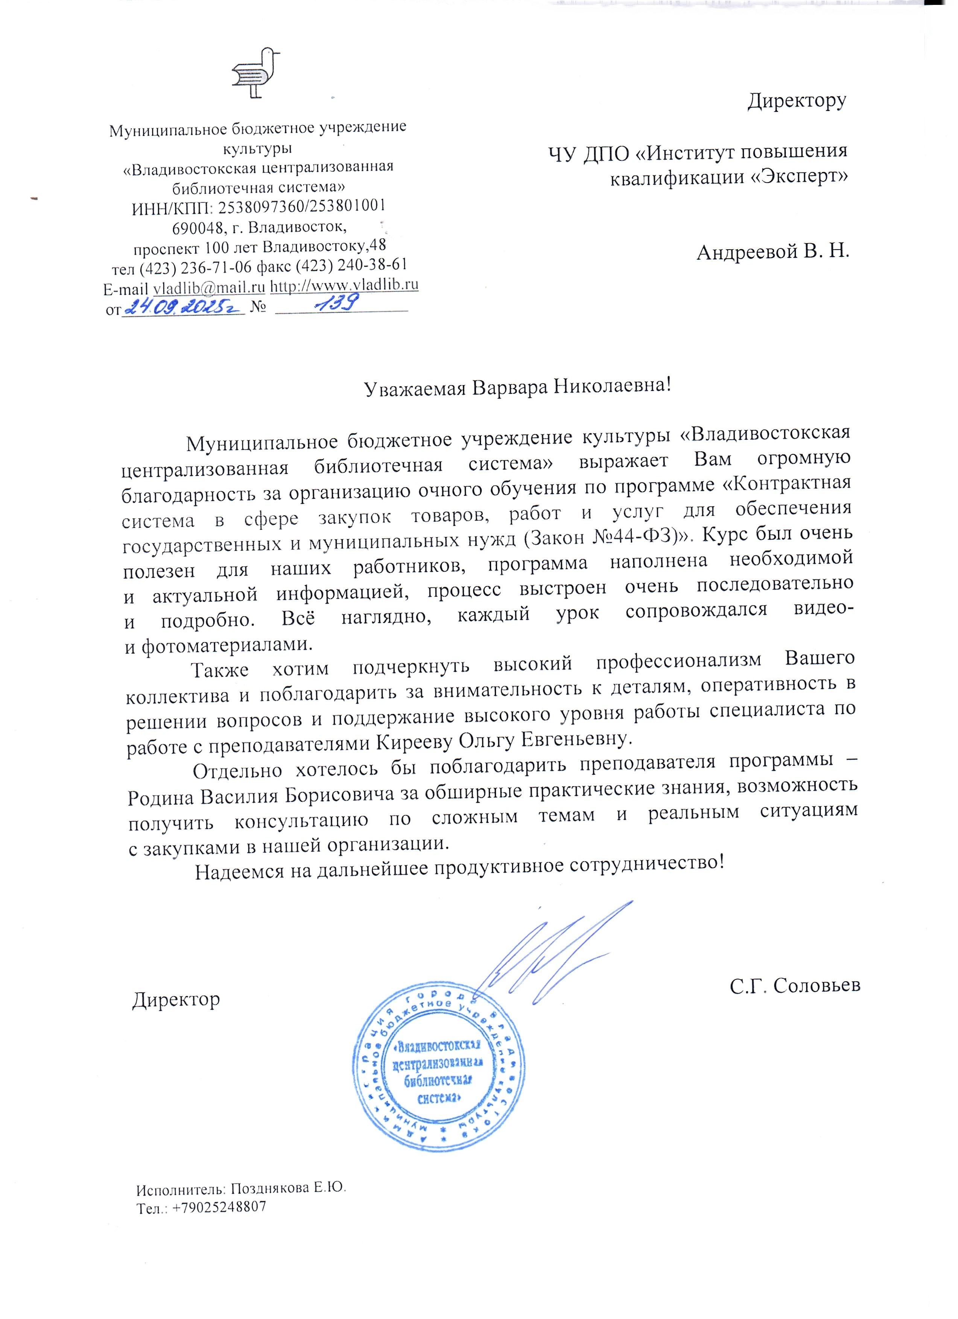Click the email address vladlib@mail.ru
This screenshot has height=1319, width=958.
click(209, 287)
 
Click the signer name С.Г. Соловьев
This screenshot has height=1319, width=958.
click(795, 985)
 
